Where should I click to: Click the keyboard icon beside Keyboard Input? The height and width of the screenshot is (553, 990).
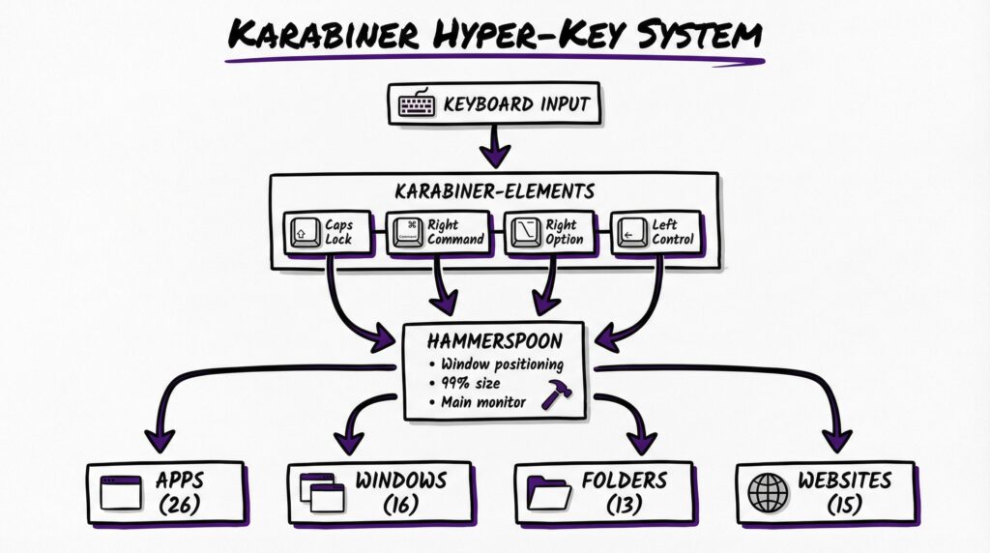[x=416, y=103]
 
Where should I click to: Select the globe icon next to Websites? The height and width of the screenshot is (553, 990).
[x=768, y=492]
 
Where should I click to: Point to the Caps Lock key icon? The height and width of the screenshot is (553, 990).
[x=305, y=233]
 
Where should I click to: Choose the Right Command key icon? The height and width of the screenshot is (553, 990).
[x=406, y=233]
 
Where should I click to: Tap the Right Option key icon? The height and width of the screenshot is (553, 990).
[x=525, y=233]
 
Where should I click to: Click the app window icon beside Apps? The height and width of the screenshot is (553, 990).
[x=122, y=493]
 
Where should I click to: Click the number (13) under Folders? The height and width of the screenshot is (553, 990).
[x=624, y=505]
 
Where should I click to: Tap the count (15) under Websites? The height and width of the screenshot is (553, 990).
[x=844, y=505]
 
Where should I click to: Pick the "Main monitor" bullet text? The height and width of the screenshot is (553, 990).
[x=483, y=402]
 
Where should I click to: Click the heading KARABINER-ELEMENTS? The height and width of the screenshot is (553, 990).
[x=493, y=191]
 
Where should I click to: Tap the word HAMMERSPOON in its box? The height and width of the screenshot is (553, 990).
[x=494, y=342]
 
